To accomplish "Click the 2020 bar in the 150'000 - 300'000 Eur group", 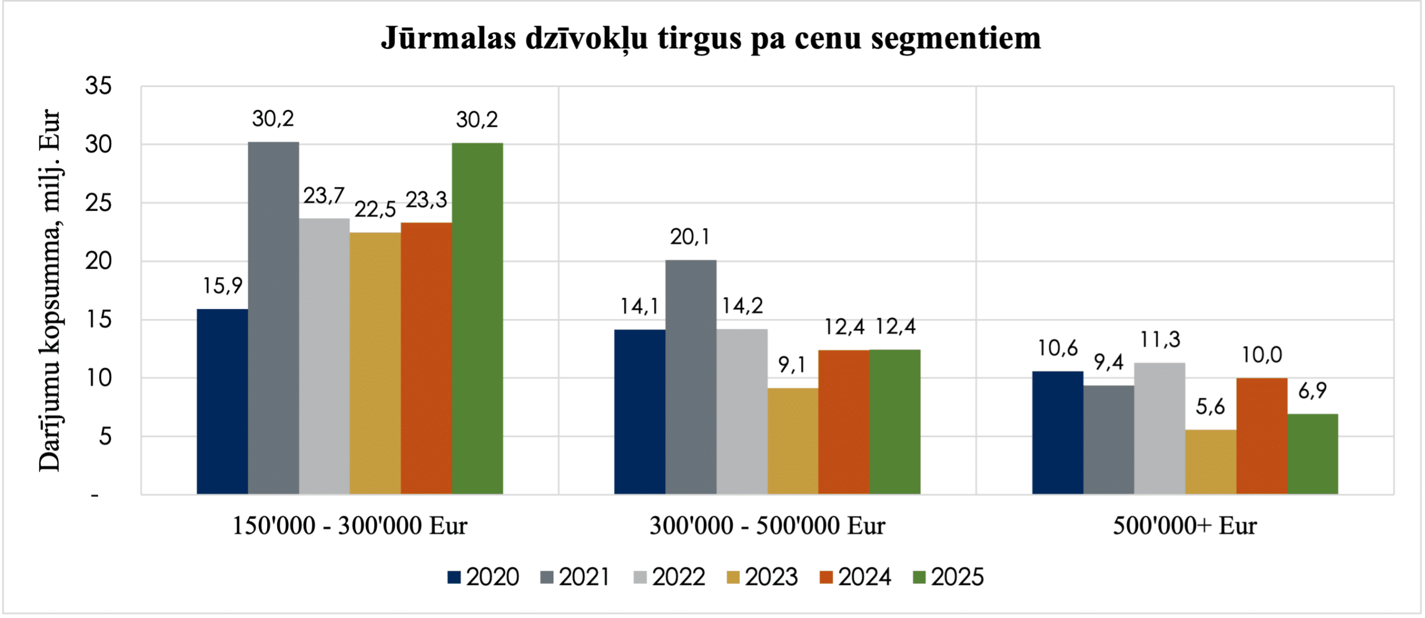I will [222, 401].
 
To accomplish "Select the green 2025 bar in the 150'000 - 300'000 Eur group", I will [477, 318].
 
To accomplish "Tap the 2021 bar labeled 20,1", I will [690, 377].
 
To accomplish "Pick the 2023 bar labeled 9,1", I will [793, 441].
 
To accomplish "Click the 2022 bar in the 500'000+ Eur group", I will [1159, 428].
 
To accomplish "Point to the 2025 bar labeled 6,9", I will [1313, 453].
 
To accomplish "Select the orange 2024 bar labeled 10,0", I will [1262, 436].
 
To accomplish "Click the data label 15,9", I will [222, 286].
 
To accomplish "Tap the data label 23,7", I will [323, 196].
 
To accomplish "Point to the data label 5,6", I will [1210, 407].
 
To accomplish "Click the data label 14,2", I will [742, 306].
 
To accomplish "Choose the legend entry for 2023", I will [762, 577].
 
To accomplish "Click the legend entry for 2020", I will [483, 577].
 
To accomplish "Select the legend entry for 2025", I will [948, 577].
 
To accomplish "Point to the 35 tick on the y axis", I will [99, 86].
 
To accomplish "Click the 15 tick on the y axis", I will [99, 320].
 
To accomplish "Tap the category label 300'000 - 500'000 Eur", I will [767, 526].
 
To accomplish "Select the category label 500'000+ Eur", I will [1185, 526].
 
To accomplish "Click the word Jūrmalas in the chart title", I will [448, 38].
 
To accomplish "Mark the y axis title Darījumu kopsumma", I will [50, 345].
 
